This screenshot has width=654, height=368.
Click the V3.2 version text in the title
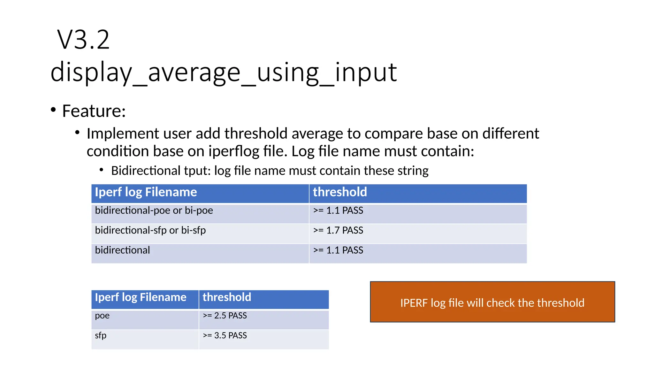pos(83,40)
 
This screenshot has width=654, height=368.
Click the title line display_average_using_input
pos(224,72)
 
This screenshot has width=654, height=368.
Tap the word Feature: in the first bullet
pos(94,111)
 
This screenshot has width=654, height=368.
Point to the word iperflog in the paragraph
pos(234,151)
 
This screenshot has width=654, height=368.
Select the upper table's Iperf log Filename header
pos(146,192)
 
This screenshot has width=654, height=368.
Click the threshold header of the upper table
pos(340,192)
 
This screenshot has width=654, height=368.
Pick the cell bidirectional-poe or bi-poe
pos(154,211)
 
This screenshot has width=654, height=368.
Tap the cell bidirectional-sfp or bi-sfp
pos(150,230)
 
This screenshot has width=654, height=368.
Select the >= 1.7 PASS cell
pos(338,230)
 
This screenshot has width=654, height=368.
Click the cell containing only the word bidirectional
pos(122,250)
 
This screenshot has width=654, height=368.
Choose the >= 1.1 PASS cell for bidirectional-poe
pos(338,211)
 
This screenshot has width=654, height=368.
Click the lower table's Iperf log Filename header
pos(141,297)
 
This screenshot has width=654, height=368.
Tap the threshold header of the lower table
pos(227,297)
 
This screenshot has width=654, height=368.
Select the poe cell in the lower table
pos(102,316)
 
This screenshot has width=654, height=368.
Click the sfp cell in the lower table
pos(101,335)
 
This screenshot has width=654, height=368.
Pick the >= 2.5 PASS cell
pos(225,316)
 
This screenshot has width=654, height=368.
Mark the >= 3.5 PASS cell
pos(225,335)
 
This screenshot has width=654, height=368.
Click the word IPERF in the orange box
pos(414,303)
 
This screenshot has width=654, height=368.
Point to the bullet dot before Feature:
pos(53,110)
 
